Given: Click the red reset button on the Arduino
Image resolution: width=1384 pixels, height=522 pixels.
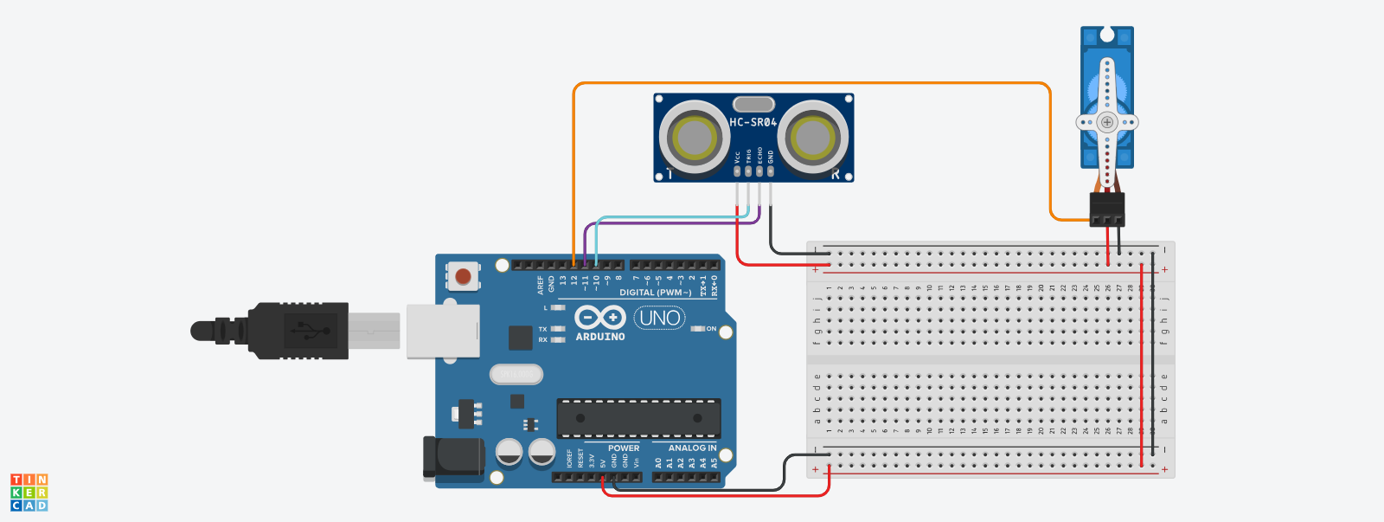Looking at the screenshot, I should point(464,276).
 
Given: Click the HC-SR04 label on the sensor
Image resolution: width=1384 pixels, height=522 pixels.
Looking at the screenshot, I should point(753,122).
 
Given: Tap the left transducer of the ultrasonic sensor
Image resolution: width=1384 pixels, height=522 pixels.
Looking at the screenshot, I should point(695,136).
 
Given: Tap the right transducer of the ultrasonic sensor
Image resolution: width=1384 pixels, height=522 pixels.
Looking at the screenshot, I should point(812,136).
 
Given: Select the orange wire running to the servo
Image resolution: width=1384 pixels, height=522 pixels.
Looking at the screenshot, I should point(813,84).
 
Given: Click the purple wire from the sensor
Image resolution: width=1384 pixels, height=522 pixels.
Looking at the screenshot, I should point(675,223).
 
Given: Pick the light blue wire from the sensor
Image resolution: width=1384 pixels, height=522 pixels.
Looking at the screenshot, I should point(675,216).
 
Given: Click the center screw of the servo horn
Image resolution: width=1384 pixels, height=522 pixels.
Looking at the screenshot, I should point(1107,122).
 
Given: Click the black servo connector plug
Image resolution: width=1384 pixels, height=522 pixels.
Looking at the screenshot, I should point(1107,209).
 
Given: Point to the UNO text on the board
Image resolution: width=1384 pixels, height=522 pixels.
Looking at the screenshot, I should point(660,318).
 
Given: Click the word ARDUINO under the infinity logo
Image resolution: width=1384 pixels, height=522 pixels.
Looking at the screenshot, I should point(600,337).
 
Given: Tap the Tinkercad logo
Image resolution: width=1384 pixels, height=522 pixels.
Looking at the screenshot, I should point(29,492).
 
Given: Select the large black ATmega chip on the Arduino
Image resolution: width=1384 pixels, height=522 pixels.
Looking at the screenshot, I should point(638,418).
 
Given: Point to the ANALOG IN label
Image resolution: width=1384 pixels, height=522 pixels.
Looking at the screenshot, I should point(692,448).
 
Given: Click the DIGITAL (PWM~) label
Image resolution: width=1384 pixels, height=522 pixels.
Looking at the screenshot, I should point(655,293).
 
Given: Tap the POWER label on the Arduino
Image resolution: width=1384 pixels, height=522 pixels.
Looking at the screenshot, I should point(624,448).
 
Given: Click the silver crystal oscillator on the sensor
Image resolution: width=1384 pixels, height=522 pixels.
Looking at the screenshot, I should point(753,105).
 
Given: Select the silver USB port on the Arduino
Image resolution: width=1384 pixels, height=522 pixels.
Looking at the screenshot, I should point(443,331).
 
